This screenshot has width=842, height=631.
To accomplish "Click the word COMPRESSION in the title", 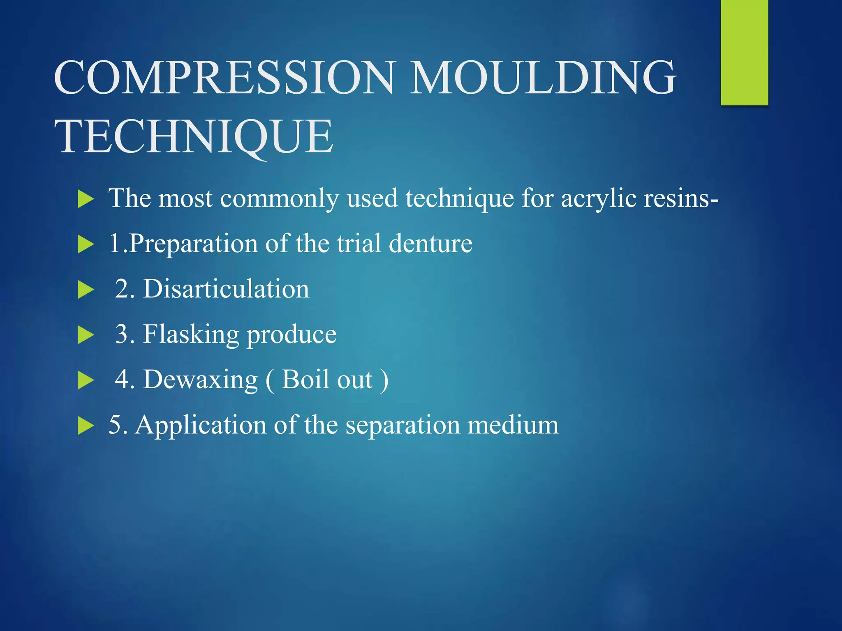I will [224, 78].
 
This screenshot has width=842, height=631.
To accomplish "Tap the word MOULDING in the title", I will [543, 78].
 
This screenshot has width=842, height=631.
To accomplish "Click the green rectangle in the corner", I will [744, 53].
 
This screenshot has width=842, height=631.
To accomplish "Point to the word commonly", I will [279, 199].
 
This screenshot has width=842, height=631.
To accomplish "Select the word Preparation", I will [193, 243].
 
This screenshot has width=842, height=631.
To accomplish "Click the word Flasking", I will [191, 334].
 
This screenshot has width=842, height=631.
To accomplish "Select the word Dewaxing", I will [200, 380].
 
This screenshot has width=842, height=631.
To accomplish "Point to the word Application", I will [200, 426].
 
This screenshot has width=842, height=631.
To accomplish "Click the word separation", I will [402, 426].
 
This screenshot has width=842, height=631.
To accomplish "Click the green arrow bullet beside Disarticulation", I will [86, 290].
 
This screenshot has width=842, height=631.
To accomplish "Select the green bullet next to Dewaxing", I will [86, 380].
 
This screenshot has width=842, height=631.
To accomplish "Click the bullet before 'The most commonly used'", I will [86, 199].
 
